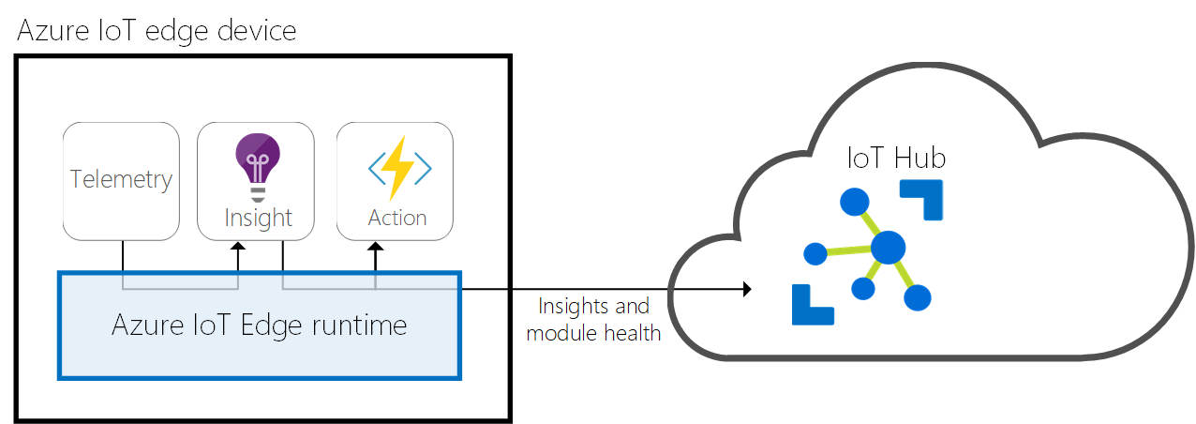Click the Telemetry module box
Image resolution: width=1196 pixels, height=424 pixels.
click(121, 180)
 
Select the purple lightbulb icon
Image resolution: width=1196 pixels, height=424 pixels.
click(258, 161)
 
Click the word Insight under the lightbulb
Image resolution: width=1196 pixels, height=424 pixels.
click(258, 218)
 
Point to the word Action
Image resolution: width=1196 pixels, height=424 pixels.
click(397, 218)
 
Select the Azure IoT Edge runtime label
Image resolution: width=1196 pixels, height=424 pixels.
click(260, 326)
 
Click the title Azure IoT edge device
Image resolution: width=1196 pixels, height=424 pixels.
click(157, 30)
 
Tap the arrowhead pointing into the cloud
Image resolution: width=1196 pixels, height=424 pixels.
click(747, 290)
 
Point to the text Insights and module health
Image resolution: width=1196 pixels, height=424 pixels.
click(593, 320)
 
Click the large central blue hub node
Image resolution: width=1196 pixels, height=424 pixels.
click(888, 249)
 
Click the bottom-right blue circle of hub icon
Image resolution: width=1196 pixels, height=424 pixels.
click(918, 297)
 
